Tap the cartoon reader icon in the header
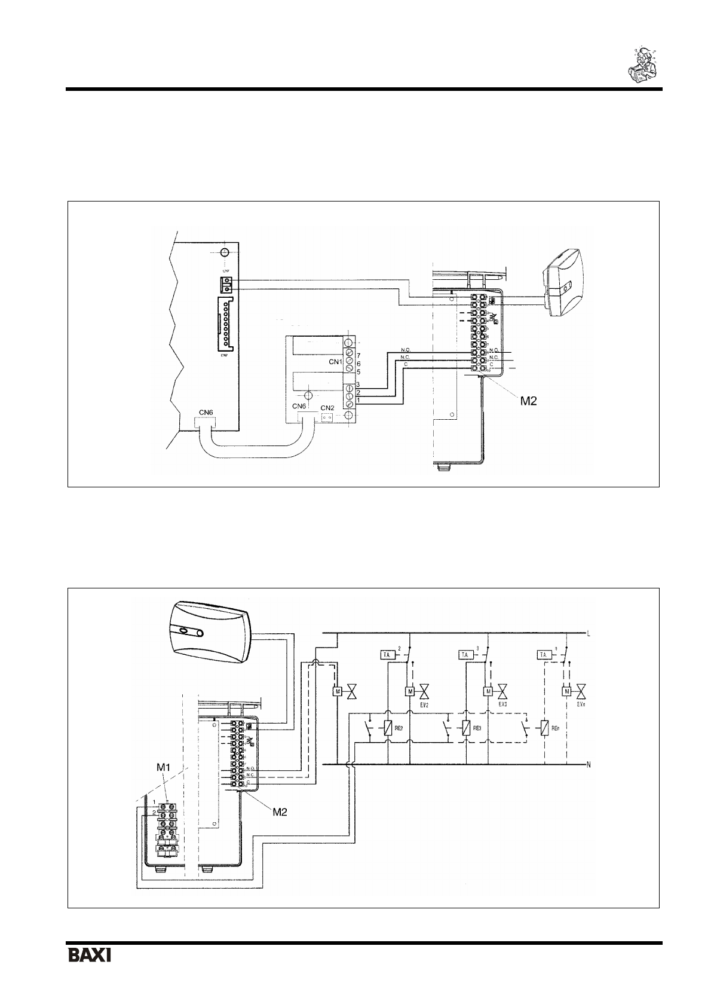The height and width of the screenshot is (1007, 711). (x=643, y=63)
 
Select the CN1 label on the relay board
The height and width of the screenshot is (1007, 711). (x=335, y=362)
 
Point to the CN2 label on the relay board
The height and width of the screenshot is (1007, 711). (x=327, y=408)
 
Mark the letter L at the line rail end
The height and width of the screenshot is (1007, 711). (x=590, y=634)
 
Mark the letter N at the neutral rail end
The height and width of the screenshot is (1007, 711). (x=590, y=765)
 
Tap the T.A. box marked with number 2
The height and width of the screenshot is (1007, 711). (x=387, y=655)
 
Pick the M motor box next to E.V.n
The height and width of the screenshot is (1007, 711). (x=566, y=692)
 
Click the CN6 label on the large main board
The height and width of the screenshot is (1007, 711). (x=206, y=412)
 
